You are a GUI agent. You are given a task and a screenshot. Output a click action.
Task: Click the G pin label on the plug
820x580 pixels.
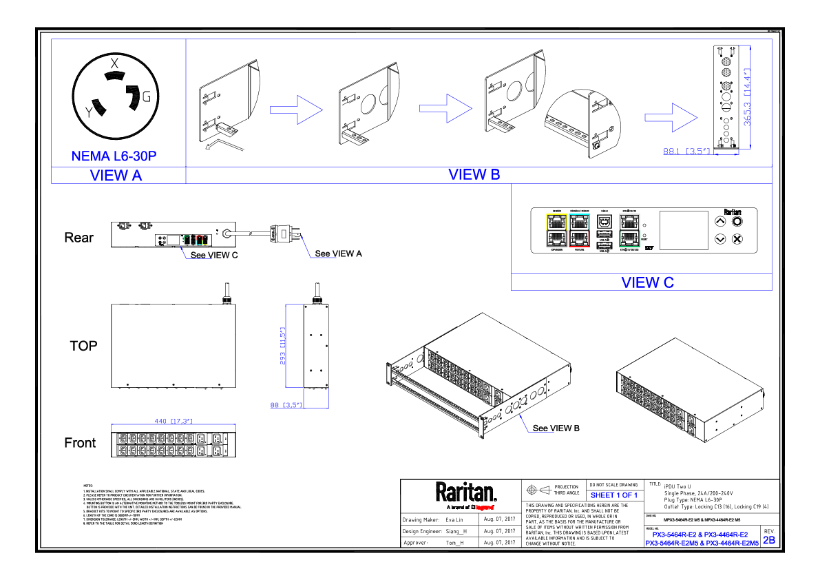[x=146, y=96]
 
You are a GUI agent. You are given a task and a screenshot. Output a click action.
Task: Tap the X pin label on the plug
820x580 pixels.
[x=115, y=63]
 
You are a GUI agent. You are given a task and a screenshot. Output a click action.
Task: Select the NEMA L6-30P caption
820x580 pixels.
[x=114, y=156]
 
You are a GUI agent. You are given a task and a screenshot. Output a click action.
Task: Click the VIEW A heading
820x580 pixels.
[x=116, y=176]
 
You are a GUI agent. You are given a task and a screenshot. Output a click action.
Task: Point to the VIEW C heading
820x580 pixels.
[x=647, y=282]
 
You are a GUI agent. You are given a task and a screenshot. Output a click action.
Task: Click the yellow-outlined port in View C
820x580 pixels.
[x=556, y=222]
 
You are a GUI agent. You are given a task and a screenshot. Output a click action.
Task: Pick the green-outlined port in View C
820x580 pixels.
[x=629, y=239]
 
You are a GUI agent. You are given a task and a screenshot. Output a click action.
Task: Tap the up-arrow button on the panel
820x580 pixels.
[x=720, y=222]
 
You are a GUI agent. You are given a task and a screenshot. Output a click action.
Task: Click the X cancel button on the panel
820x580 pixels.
[x=737, y=239]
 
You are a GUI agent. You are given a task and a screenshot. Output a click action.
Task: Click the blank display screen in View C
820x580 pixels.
[x=684, y=230]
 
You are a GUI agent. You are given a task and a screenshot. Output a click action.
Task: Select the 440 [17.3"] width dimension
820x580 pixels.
[x=173, y=420]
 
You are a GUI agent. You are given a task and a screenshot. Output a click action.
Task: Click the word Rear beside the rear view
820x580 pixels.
[x=78, y=238]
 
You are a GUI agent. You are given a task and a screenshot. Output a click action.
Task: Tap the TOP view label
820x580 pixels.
[x=83, y=346]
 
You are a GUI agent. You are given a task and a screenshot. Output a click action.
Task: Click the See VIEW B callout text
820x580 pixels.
[x=556, y=428]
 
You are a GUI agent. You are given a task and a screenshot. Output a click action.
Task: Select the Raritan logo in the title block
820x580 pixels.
[x=465, y=494]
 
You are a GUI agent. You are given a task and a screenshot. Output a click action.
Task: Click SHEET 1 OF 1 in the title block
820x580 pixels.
[x=613, y=495]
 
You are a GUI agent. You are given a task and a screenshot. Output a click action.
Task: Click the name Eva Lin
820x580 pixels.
[x=455, y=519]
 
